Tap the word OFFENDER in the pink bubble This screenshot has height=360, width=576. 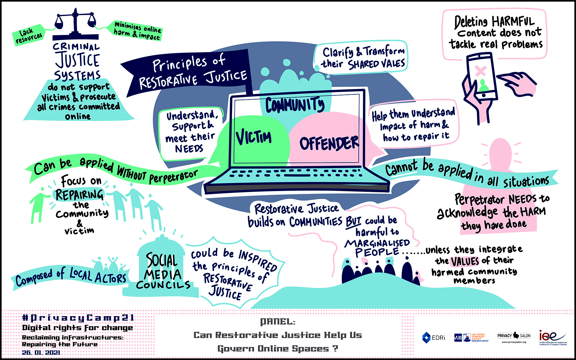click(x=329, y=143)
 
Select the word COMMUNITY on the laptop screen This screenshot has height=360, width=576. click(x=295, y=105)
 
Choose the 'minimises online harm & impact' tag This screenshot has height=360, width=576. click(x=138, y=31)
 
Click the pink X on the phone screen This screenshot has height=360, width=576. click(x=480, y=71)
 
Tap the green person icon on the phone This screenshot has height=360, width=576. click(x=483, y=86)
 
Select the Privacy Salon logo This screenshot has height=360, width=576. click(x=514, y=337)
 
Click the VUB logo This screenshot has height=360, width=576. click(x=458, y=338)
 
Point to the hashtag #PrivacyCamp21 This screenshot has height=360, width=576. click(x=78, y=318)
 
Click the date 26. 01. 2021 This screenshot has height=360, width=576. click(x=41, y=353)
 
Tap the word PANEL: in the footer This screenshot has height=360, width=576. click(x=277, y=321)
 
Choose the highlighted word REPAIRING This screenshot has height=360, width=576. click(x=79, y=195)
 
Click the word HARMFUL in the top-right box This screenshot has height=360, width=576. click(x=513, y=22)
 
